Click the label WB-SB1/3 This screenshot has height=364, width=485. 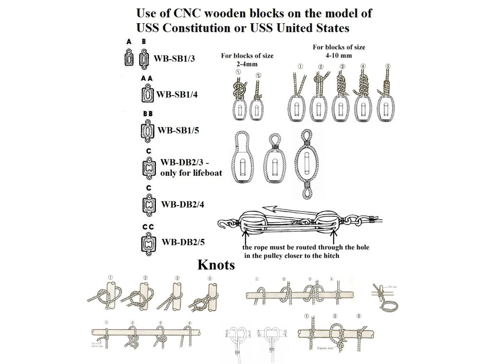[175, 59]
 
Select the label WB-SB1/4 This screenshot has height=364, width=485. [177, 94]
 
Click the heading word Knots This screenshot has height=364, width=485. [216, 265]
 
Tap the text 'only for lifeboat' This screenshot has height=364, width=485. [191, 173]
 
